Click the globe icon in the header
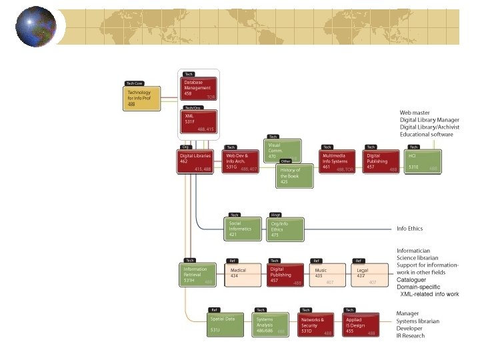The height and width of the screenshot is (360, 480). tap(36, 26)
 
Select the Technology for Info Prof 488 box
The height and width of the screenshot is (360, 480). tap(143, 99)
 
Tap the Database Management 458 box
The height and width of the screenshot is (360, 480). tap(199, 88)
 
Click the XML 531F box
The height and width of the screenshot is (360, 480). tap(199, 122)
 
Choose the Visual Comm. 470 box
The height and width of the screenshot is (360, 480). tap(283, 150)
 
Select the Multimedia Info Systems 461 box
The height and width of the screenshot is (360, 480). tap(338, 162)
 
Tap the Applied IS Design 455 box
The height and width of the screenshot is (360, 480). tap(361, 325)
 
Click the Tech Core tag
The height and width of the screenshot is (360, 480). tap(134, 83)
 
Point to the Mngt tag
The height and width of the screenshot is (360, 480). tap(275, 215)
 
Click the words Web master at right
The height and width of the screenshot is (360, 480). tap(414, 113)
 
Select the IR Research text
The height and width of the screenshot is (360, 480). tap(410, 336)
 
